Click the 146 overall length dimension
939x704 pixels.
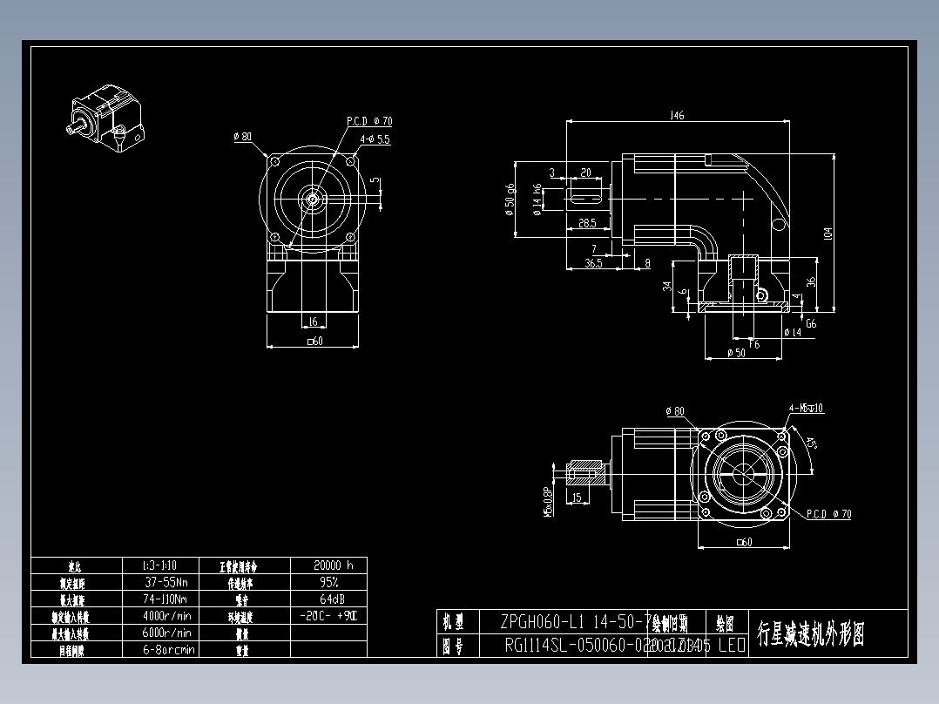677,115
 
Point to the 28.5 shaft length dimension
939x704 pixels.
587,223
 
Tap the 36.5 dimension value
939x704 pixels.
593,262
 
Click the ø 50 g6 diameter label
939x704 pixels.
510,199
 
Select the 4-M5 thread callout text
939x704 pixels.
806,408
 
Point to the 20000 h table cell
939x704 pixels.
328,565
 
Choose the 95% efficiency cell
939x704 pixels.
328,582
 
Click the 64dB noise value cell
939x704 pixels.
328,599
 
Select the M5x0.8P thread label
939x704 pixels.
549,500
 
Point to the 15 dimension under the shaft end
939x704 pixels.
577,498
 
